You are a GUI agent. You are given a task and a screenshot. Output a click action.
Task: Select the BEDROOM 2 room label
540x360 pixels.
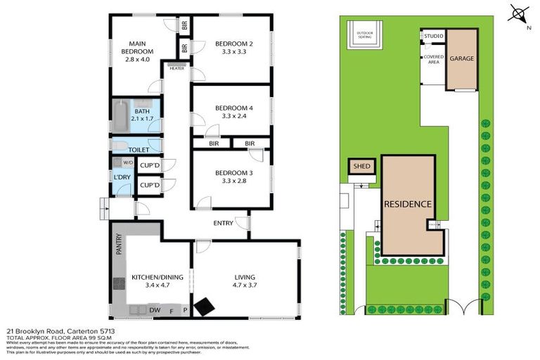coord(231,47)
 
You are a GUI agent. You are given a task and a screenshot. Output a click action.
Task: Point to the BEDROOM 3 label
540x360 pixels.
coord(231,176)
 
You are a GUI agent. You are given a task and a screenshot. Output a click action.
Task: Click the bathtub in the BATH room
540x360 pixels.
coord(120,117)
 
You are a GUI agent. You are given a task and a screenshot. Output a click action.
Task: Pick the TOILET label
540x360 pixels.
coord(137,150)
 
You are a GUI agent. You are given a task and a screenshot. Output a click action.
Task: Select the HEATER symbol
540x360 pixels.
coord(176,67)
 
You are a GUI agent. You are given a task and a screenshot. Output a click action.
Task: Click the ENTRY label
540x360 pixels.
coord(224,223)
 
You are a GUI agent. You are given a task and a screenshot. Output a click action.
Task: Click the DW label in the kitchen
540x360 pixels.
coord(155,310)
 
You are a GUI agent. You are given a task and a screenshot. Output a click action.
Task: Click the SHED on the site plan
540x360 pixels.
coord(361,167)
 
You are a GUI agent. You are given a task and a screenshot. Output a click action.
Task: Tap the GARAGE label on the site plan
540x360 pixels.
coord(462,58)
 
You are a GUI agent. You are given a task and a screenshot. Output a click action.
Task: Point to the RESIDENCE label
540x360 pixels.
coord(407,204)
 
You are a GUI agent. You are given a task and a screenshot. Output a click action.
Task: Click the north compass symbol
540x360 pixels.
coord(518,15)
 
